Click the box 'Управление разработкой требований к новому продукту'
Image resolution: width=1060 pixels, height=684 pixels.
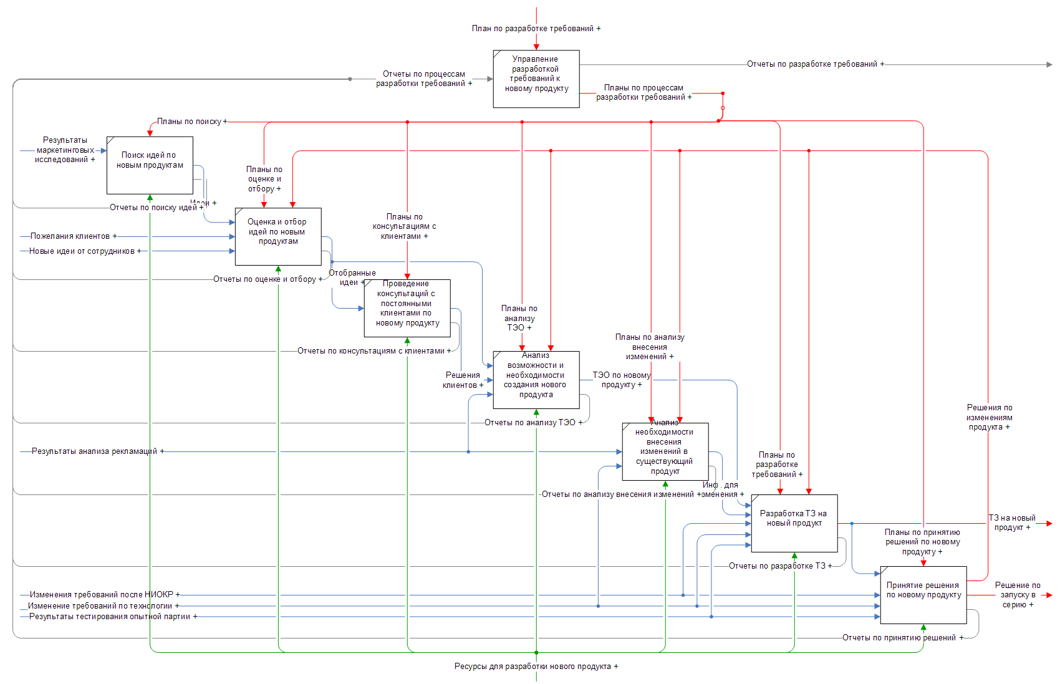(x=536, y=79)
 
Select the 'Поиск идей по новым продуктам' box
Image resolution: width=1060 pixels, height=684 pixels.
(x=150, y=165)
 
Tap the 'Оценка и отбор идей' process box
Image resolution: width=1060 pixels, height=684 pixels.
(x=278, y=236)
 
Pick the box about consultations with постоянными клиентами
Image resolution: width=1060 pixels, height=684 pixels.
(x=407, y=307)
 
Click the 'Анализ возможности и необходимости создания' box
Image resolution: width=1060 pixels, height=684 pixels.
(x=536, y=379)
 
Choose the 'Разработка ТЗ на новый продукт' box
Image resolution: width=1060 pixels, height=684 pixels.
(x=794, y=523)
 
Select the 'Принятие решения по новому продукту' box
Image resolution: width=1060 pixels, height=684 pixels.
(x=923, y=594)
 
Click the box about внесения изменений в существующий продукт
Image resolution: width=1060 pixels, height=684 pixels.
(x=665, y=451)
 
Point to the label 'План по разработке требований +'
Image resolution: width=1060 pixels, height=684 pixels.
(x=536, y=29)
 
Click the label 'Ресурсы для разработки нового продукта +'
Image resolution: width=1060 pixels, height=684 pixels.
(x=536, y=667)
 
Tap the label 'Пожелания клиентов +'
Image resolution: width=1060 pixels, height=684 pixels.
(x=74, y=236)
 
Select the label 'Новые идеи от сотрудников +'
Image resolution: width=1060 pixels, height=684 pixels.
(x=85, y=251)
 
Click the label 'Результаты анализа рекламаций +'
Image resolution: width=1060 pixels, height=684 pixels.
(x=98, y=451)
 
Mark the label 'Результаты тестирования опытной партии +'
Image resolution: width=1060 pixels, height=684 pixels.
(x=113, y=617)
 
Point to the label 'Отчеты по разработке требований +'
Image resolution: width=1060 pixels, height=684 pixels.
(x=815, y=64)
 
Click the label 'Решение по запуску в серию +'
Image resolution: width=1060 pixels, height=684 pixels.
(x=1018, y=595)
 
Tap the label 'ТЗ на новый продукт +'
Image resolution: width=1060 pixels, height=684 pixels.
(x=1012, y=523)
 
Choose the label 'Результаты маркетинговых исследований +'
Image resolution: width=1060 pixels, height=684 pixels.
(x=65, y=150)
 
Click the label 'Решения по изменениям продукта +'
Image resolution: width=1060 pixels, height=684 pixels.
(x=990, y=417)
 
